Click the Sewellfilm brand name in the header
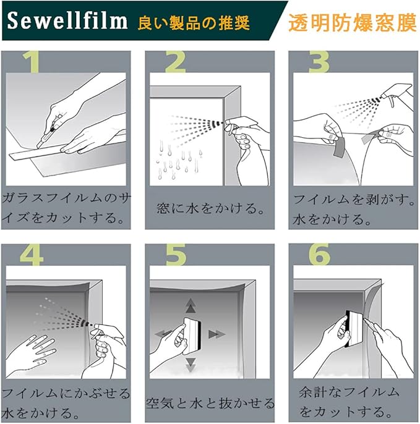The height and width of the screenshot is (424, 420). [67, 20]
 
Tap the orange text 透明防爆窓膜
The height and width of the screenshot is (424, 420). [353, 23]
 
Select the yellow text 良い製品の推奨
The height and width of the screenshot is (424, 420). [193, 23]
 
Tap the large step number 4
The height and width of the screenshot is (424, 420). [32, 255]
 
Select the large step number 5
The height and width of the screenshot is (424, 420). [176, 255]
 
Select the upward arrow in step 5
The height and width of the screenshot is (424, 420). [191, 305]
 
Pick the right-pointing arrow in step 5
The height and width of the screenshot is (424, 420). [216, 334]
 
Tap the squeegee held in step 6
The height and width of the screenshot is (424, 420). [354, 329]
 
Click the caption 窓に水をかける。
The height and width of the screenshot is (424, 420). [210, 208]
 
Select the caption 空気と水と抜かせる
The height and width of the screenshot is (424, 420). [210, 403]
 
